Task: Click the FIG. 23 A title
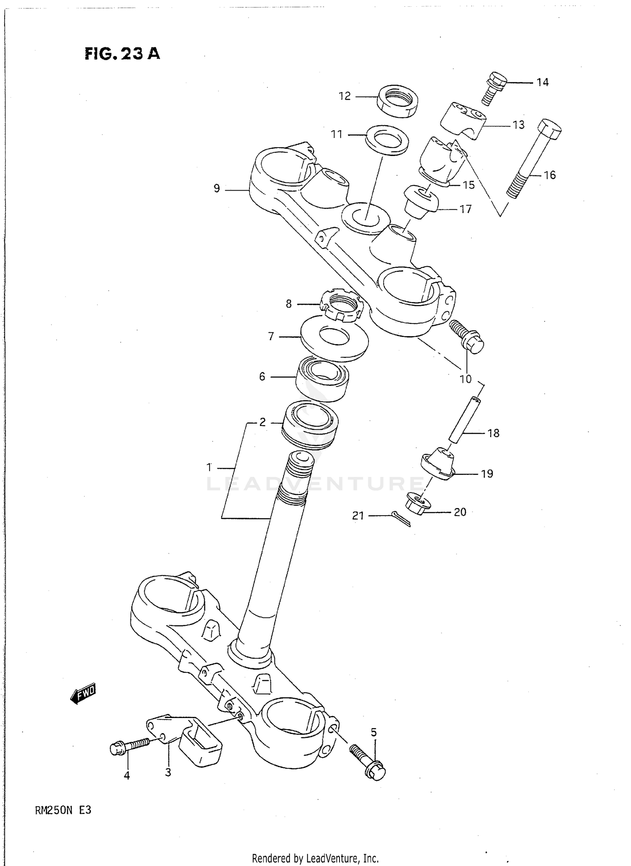point(122,53)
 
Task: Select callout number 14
point(543,82)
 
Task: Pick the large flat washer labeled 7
point(335,339)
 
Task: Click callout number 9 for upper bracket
point(217,188)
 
